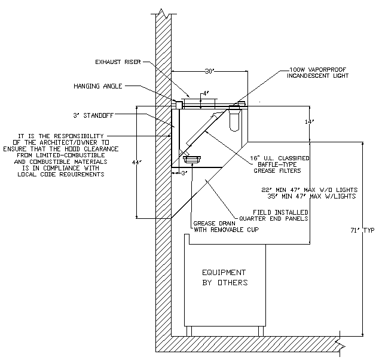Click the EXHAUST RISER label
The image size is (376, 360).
[x=118, y=62]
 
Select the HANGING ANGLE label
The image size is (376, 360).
[x=98, y=86]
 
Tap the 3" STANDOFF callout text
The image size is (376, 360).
[x=93, y=115]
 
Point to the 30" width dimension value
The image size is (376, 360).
[x=209, y=71]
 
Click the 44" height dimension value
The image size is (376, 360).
[x=137, y=163]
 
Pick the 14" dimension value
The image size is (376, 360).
[x=309, y=122]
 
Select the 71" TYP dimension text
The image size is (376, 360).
[x=362, y=230]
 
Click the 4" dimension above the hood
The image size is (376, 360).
[x=206, y=93]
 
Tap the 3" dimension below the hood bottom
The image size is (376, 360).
[x=184, y=173]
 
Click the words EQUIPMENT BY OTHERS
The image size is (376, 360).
[x=225, y=277]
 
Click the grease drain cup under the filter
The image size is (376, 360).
[x=192, y=159]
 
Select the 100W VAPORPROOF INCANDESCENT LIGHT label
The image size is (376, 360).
[x=318, y=73]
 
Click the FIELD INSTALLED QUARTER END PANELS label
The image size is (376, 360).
[x=274, y=215]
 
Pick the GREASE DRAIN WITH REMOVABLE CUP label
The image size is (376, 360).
[x=226, y=227]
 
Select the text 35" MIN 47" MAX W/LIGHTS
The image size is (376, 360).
[x=311, y=196]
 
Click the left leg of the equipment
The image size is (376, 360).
[x=189, y=331]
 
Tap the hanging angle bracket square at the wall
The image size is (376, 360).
[x=179, y=105]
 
